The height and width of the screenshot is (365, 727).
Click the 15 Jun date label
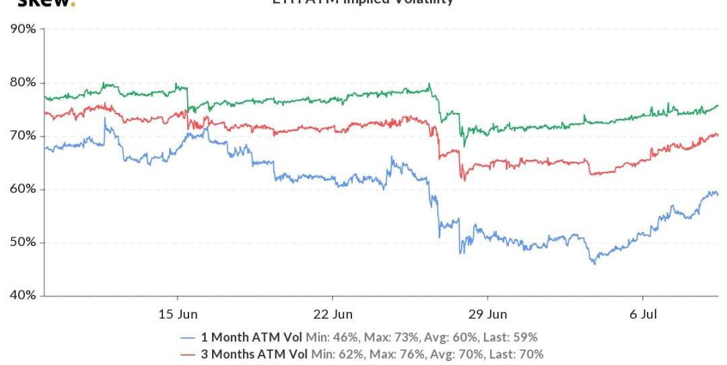[x=178, y=314]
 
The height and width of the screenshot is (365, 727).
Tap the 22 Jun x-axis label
[x=333, y=314]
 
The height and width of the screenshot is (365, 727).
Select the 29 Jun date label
[x=487, y=314]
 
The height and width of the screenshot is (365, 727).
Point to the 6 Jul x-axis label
[x=643, y=314]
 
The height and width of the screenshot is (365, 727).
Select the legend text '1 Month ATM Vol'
[x=253, y=337]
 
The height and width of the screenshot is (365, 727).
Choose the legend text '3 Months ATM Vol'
[x=256, y=354]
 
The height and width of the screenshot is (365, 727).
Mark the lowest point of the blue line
[x=594, y=263]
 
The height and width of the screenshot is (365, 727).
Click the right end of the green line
[x=718, y=105]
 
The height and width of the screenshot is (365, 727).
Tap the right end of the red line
[x=718, y=135]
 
